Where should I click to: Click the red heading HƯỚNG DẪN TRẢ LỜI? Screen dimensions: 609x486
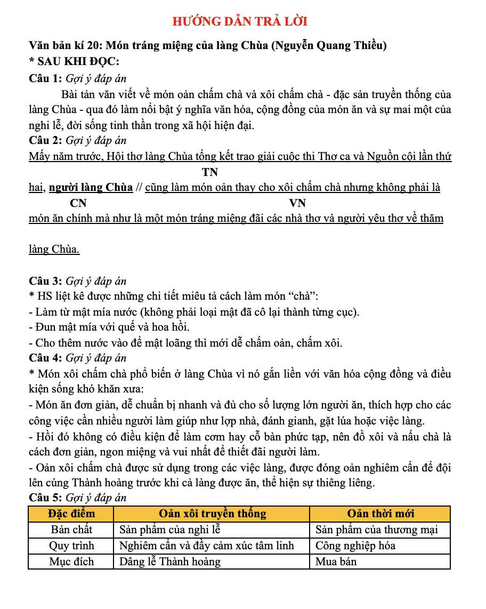[240, 21]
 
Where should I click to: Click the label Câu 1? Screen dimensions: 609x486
[45, 79]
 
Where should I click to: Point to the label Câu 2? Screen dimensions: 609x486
[45, 141]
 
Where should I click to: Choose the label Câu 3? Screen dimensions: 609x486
[45, 281]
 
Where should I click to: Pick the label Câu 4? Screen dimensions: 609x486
[45, 358]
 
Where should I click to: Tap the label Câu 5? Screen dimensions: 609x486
[45, 498]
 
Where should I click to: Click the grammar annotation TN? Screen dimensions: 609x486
[210, 172]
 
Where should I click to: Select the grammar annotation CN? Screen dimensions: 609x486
[78, 203]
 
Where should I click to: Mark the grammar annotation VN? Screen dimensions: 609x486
[297, 203]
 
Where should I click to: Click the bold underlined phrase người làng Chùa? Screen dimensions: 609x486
[91, 188]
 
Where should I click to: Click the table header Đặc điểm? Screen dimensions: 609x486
[71, 514]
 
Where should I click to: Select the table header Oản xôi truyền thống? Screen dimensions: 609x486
[212, 514]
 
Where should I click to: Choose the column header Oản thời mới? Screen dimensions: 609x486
[380, 514]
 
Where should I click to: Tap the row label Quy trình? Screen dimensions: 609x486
[71, 546]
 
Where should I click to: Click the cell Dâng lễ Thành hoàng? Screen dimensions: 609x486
[169, 562]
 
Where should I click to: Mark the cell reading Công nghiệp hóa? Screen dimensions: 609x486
[355, 546]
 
